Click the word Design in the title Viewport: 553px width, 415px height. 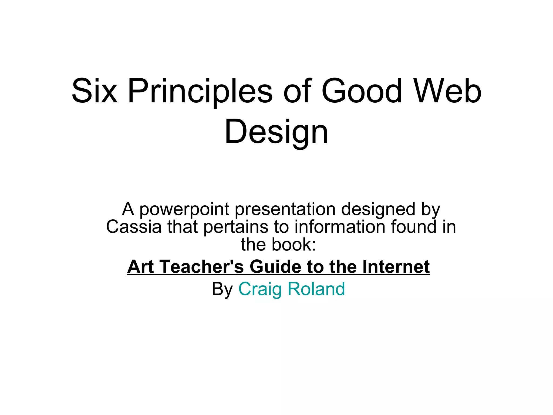click(276, 132)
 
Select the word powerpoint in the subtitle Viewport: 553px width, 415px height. click(184, 210)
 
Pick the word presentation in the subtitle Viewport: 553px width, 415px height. click(285, 210)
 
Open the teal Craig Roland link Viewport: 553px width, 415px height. click(292, 289)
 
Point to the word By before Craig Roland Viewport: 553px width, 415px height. click(222, 289)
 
